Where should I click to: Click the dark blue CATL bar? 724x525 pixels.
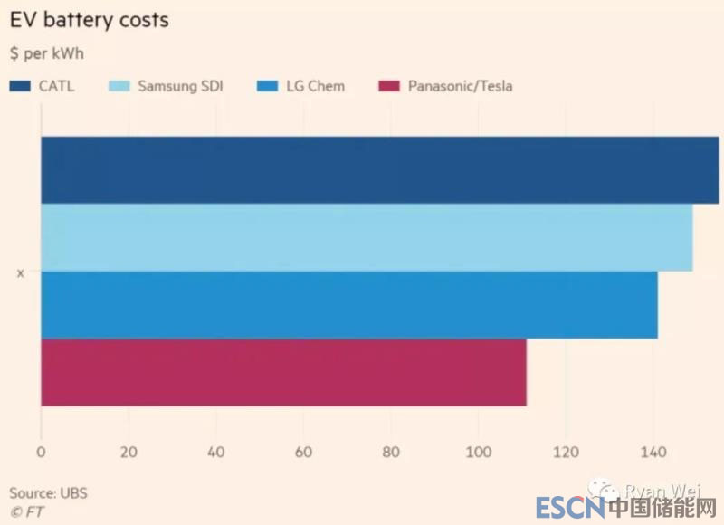[x=380, y=170]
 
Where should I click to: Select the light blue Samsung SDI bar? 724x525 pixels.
[x=367, y=237]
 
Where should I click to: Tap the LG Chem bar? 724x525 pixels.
[x=349, y=305]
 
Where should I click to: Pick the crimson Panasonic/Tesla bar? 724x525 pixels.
[x=283, y=372]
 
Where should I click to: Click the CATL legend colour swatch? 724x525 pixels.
[x=21, y=86]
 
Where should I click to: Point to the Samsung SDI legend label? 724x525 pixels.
[x=180, y=86]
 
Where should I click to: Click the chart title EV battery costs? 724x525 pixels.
[x=89, y=20]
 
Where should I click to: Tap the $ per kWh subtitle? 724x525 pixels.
[x=46, y=53]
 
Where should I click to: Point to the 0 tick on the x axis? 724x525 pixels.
[x=41, y=452]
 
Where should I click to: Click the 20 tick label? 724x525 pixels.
[x=129, y=452]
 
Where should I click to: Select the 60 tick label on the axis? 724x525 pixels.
[x=303, y=452]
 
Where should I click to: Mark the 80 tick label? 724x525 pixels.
[x=391, y=452]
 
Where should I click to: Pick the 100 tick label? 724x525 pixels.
[x=478, y=452]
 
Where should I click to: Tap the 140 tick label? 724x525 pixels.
[x=653, y=452]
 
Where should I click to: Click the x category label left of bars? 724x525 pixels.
[x=20, y=272]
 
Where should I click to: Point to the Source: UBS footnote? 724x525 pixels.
[x=48, y=493]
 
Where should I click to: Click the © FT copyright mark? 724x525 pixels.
[x=26, y=511]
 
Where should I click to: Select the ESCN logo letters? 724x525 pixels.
[x=568, y=508]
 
